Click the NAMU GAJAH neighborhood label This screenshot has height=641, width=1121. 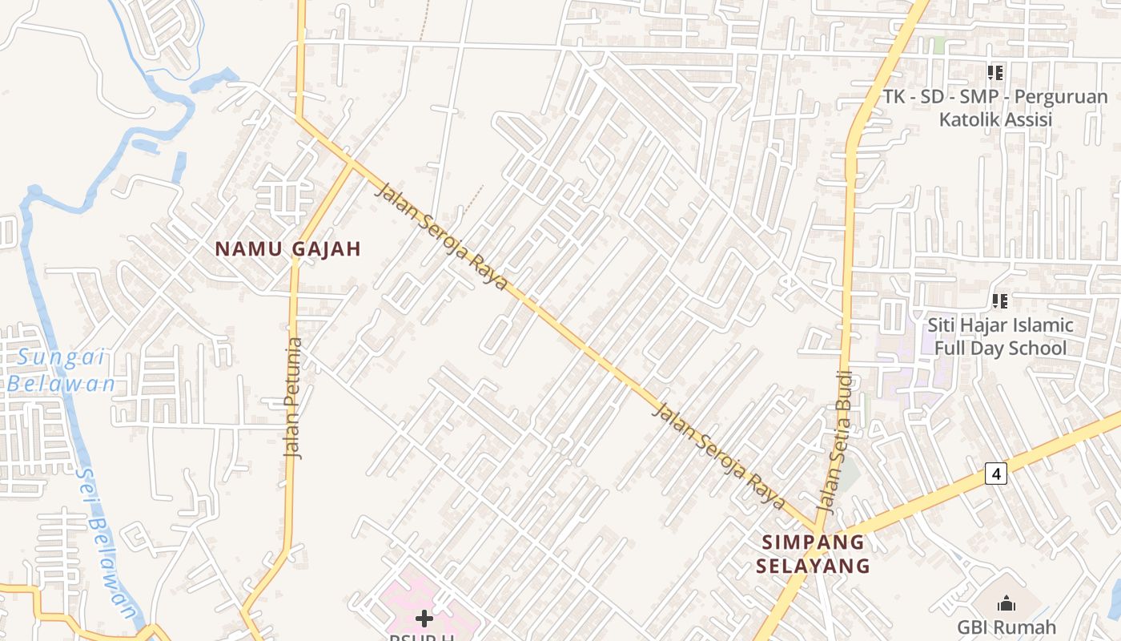pos(288,249)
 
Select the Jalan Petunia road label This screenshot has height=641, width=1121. pos(295,398)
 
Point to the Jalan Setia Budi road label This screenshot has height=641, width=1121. pos(835,441)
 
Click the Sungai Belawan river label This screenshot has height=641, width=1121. pos(62,370)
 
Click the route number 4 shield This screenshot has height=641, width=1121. pos(995,474)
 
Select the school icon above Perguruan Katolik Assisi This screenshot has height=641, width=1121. pos(995,74)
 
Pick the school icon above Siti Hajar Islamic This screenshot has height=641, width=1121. pos(999,301)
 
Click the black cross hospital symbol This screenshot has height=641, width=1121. pos(424,618)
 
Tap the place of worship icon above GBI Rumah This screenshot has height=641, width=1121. pos(1006,603)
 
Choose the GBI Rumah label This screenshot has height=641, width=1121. pos(1006,627)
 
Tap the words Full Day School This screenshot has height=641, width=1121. pos(1000,348)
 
